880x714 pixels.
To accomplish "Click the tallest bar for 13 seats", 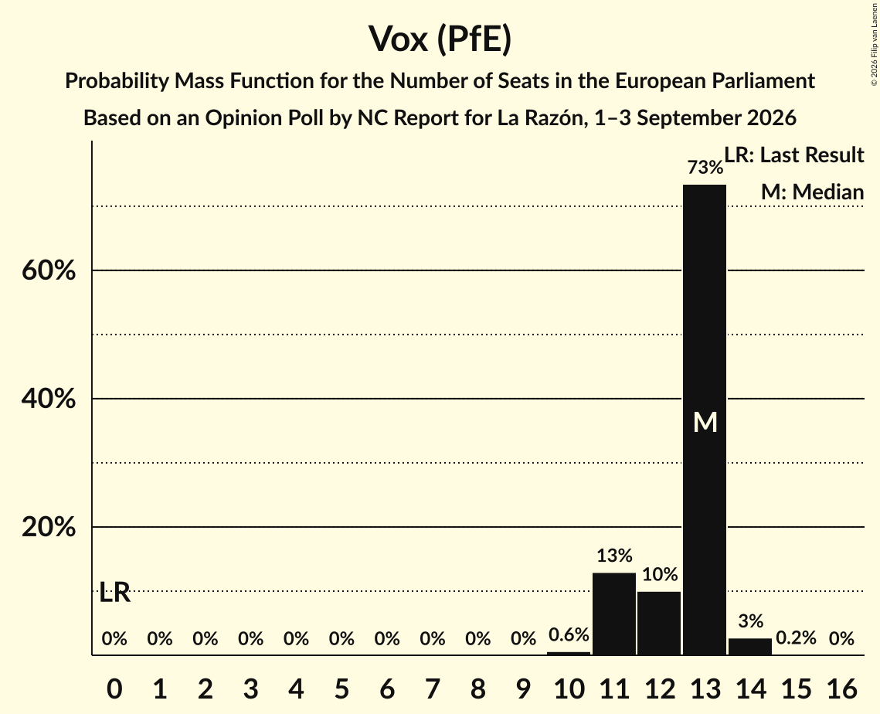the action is click(x=705, y=420).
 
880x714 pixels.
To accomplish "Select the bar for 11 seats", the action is click(x=614, y=614).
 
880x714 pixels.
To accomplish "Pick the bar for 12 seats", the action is click(x=660, y=623).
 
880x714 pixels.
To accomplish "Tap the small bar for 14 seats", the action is click(x=749, y=647).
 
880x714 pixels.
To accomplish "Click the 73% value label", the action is click(x=705, y=167).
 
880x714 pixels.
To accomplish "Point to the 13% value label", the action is click(x=614, y=556).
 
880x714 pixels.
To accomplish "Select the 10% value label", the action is click(x=660, y=574).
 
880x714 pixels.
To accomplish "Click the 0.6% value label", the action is click(x=569, y=635).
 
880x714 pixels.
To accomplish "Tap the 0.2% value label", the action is click(x=796, y=637).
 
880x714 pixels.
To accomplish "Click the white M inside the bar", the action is click(x=705, y=422).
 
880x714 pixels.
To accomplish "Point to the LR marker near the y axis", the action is click(x=114, y=592).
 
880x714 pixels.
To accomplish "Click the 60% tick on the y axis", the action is click(x=49, y=270).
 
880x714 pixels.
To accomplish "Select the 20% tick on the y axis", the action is click(x=49, y=527).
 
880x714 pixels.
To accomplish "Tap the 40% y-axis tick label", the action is click(x=49, y=399).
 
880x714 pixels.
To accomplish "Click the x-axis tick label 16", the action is click(x=841, y=688).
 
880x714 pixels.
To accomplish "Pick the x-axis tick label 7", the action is click(x=432, y=688).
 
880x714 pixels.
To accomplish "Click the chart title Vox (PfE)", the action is click(x=440, y=39).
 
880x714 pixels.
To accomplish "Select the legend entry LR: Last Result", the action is click(x=793, y=155).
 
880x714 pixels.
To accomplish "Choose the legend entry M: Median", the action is click(x=812, y=192).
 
